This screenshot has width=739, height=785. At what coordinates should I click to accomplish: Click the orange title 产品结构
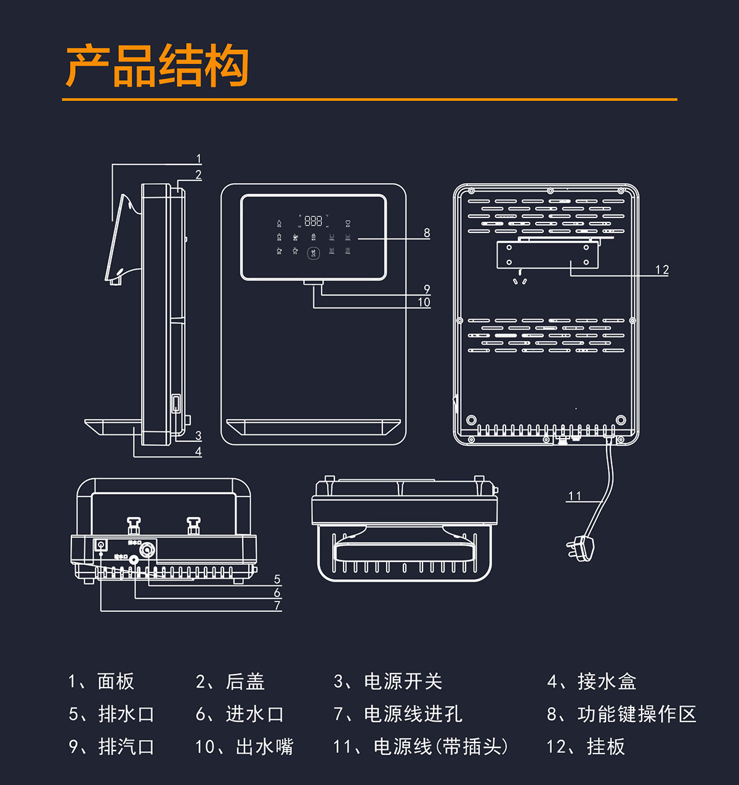[x=158, y=66]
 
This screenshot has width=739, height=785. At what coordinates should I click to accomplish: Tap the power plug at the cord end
[x=581, y=546]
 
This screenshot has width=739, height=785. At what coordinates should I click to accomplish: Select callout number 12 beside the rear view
[x=662, y=270]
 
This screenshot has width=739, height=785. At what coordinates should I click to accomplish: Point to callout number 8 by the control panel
[x=427, y=233]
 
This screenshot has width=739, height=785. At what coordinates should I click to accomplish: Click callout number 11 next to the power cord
[x=575, y=496]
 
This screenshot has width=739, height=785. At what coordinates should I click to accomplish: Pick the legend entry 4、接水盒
[x=591, y=681]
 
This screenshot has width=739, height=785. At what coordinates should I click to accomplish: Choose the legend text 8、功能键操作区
[x=621, y=714]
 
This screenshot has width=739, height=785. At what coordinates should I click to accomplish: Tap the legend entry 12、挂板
[x=585, y=747]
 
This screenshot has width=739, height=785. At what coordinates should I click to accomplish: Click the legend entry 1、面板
[x=101, y=681]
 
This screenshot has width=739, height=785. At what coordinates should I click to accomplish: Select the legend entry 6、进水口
[x=240, y=714]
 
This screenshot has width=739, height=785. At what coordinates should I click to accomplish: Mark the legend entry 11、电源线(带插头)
[x=421, y=747]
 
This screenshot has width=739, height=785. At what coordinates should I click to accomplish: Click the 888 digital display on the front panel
[x=313, y=221]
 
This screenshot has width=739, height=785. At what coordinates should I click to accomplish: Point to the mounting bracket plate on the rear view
[x=547, y=255]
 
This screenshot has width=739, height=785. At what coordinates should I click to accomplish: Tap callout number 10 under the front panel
[x=424, y=302]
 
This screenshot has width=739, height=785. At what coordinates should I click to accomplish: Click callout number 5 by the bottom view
[x=277, y=579]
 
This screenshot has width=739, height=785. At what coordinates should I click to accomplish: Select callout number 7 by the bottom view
[x=277, y=606]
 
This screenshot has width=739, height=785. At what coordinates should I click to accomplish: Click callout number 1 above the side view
[x=198, y=159]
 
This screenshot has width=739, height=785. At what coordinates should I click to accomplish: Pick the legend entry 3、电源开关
[x=388, y=681]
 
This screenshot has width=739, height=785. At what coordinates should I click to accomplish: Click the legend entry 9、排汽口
[x=111, y=747]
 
